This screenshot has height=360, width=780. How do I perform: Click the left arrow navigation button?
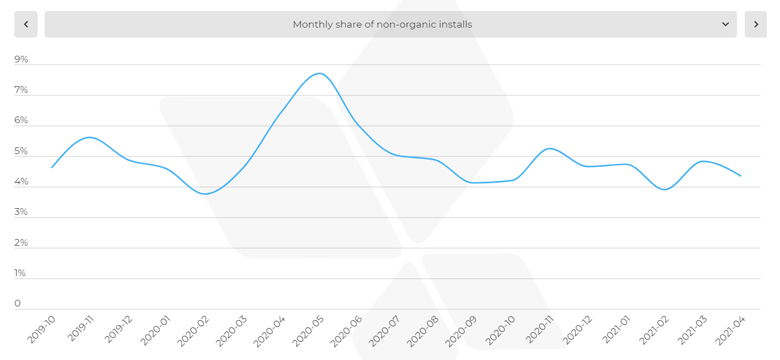tap(26, 24)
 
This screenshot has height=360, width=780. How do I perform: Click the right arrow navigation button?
tap(756, 24)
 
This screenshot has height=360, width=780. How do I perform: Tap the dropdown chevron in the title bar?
tap(725, 24)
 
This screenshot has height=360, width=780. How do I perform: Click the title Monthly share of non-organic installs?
tap(382, 24)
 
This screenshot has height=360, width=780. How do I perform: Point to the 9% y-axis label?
tap(22, 60)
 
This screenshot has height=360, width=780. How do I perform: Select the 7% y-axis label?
tap(22, 90)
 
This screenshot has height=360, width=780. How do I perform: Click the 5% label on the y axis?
tap(22, 151)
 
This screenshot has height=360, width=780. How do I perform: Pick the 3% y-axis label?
tap(22, 212)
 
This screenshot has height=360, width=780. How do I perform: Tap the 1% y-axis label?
tap(20, 273)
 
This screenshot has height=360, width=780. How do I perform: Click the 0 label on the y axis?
tap(18, 304)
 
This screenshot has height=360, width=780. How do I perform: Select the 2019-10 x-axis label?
tap(42, 330)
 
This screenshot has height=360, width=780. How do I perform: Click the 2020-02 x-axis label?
tap(193, 330)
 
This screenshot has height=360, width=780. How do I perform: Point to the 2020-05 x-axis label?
tap(307, 330)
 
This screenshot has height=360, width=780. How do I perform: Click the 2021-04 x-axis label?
tap(729, 330)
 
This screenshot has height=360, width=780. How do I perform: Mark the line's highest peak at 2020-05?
tap(320, 73)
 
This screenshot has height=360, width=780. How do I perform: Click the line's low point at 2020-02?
tap(206, 194)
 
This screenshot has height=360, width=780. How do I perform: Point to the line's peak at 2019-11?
tap(90, 137)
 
